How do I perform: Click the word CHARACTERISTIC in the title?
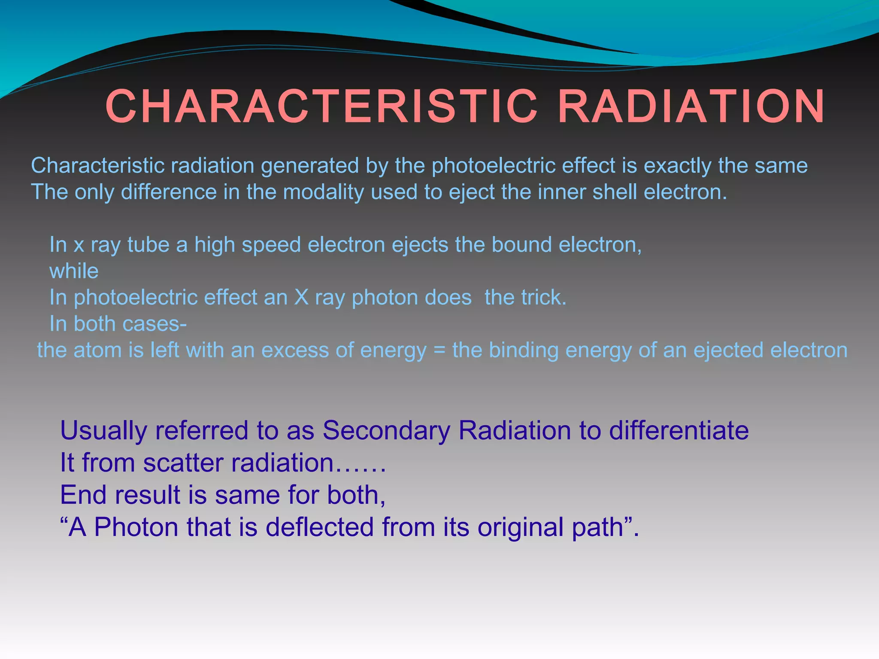321,106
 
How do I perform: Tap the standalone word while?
74,271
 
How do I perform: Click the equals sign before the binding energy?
439,351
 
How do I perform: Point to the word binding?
524,351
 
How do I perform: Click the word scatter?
183,463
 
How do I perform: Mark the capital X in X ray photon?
301,297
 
